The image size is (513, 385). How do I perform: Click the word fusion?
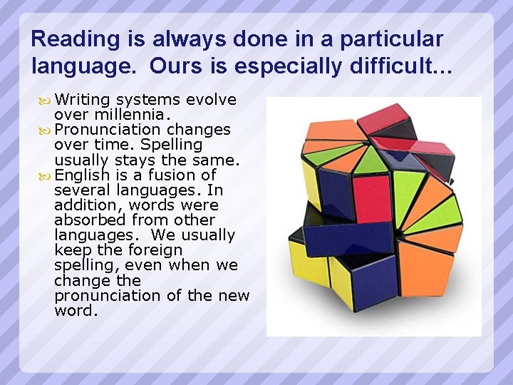[169, 175]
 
